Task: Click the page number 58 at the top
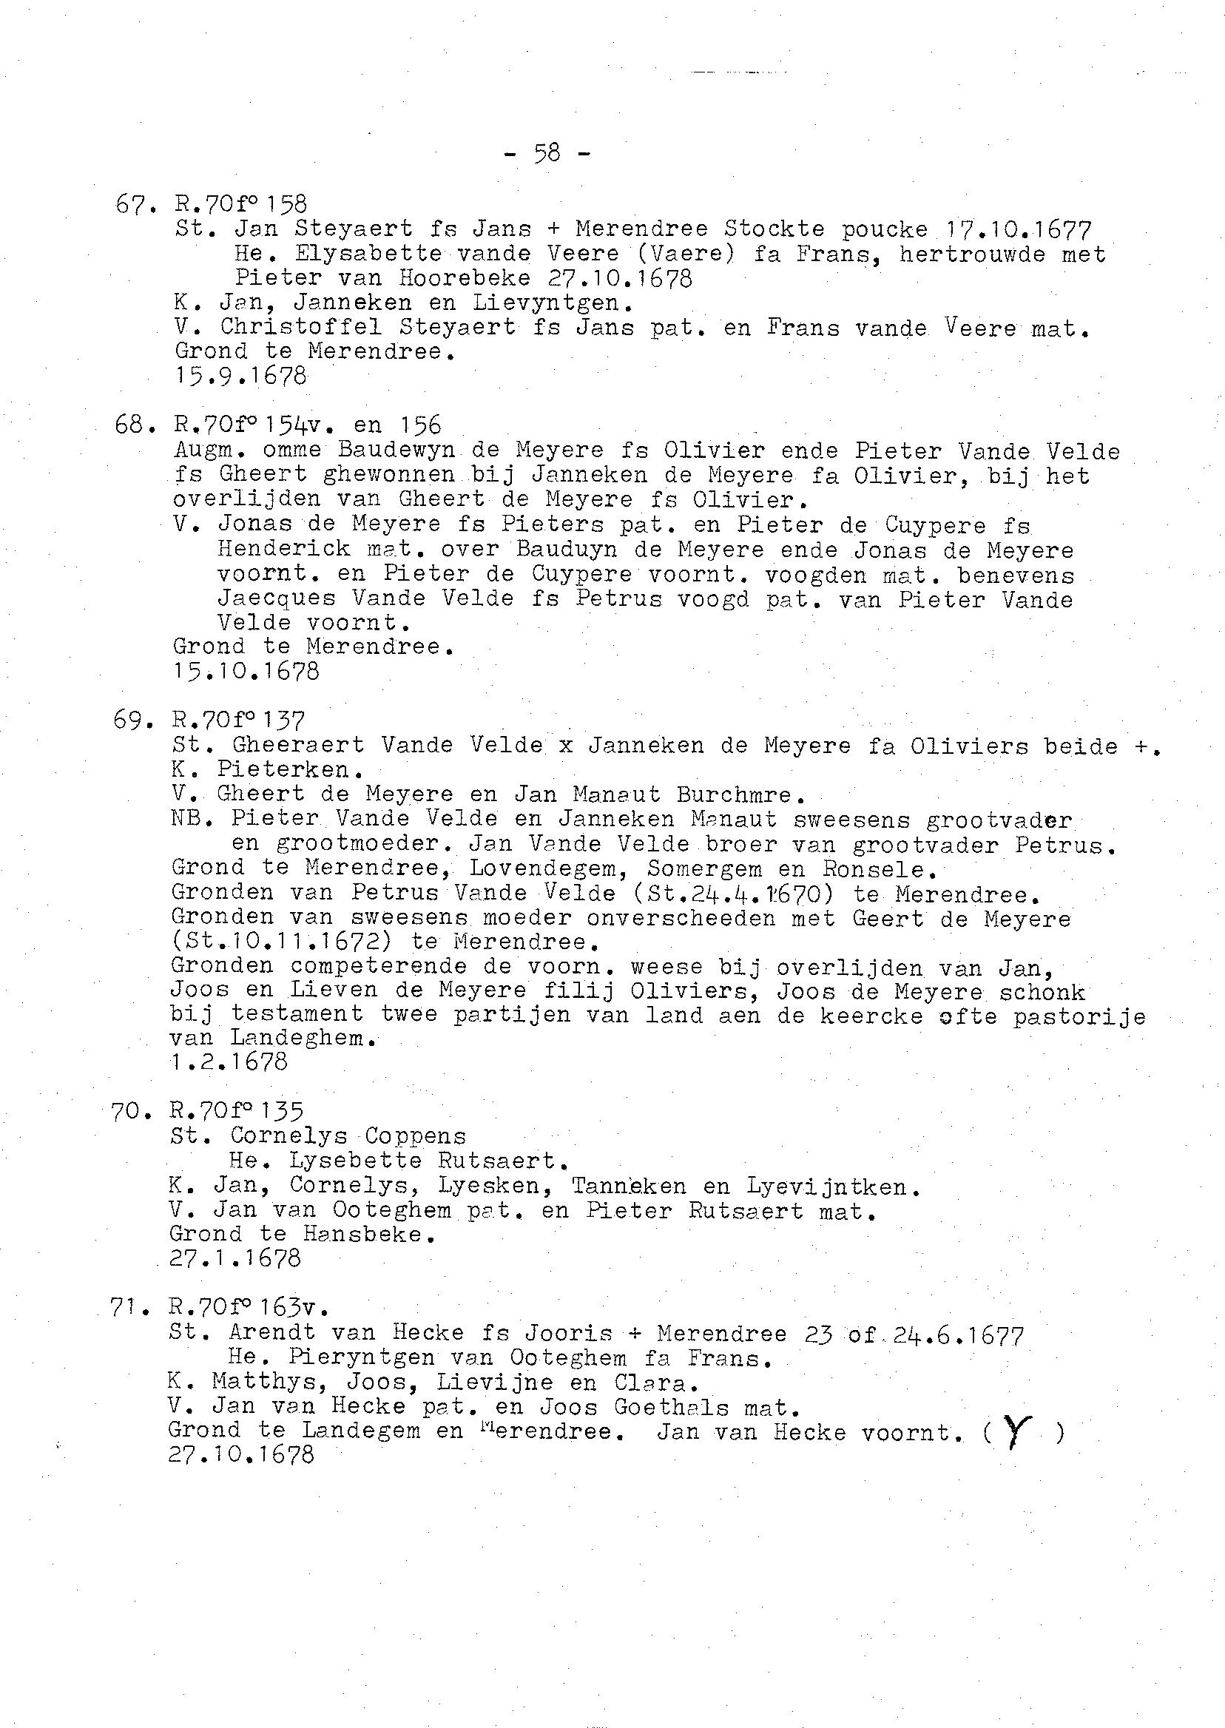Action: (547, 153)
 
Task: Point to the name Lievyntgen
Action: (553, 303)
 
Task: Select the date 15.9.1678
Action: (240, 376)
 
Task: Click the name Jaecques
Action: (276, 599)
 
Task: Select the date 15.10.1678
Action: (246, 670)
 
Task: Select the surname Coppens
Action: (416, 1136)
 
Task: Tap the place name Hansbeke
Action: (369, 1234)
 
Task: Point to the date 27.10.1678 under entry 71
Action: (240, 1454)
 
